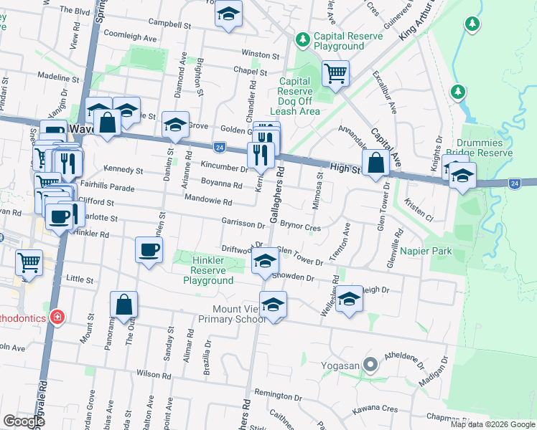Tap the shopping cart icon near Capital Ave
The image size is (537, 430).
point(335,73)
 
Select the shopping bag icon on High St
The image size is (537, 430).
point(375,163)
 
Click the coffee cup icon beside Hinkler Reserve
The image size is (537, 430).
point(149,249)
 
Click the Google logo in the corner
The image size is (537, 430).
point(24,421)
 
